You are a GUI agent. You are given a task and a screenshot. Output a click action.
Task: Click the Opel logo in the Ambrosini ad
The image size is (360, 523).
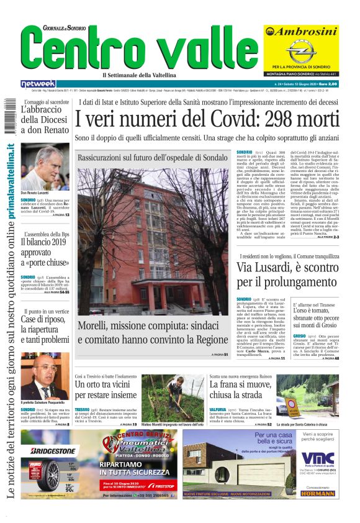click(x=300, y=51)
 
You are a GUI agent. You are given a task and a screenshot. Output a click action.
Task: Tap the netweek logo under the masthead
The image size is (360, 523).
click(x=38, y=84)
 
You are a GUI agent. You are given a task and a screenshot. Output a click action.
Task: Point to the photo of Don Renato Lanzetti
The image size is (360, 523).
click(x=45, y=168)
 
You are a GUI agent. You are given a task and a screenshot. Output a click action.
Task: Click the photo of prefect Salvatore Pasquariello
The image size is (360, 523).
click(x=45, y=376)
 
